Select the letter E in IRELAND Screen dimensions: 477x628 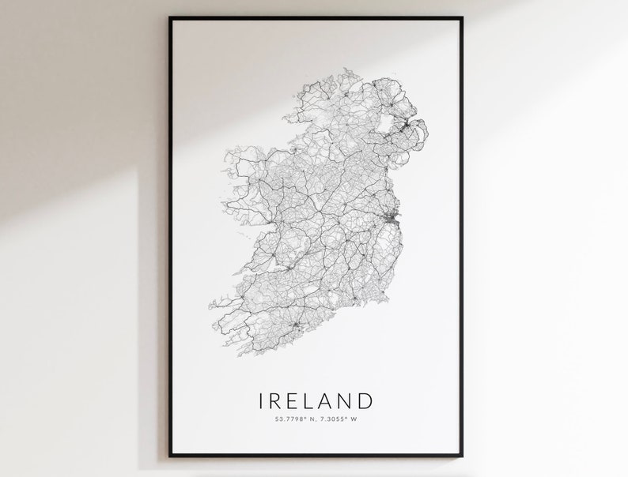point(296,401)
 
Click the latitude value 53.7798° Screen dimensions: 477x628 point(283,419)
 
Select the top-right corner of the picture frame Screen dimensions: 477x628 point(462,18)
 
